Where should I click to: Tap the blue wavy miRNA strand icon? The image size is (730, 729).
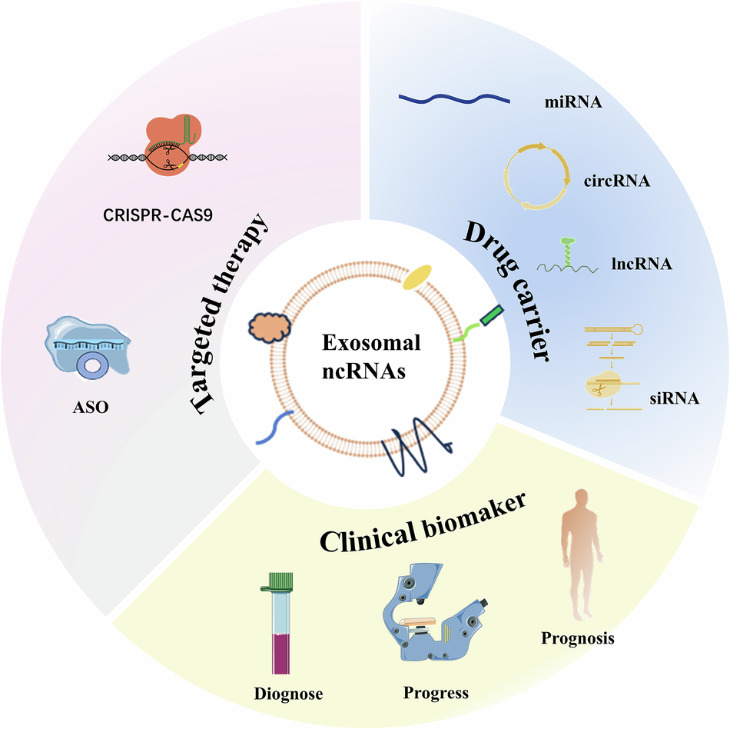[453, 98]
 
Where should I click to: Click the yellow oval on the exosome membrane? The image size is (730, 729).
[419, 278]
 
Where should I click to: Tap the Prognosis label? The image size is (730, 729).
[578, 638]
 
